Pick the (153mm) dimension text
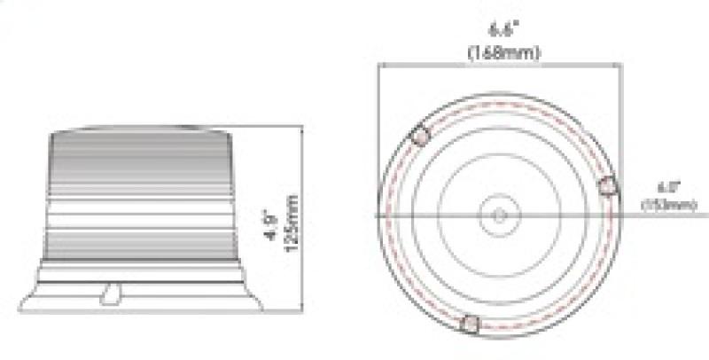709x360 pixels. click(x=667, y=206)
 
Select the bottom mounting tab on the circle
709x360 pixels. click(x=471, y=325)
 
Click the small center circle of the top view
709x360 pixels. click(x=498, y=215)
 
